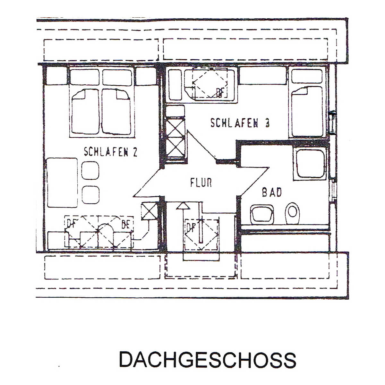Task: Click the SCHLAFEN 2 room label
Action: (110, 152)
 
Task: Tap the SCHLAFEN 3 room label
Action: (240, 123)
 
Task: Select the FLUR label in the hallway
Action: (201, 183)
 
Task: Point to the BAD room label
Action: (272, 193)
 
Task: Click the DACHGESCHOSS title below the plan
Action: (207, 360)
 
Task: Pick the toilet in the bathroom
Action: (292, 213)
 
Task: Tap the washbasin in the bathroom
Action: (262, 214)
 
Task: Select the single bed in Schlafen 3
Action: (306, 111)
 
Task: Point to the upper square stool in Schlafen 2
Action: (90, 170)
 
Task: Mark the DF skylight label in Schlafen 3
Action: (220, 93)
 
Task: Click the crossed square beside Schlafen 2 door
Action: (149, 211)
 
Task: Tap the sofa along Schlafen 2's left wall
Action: (62, 183)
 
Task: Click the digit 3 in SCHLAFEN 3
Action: (267, 123)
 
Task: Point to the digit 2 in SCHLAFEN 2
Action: (135, 152)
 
